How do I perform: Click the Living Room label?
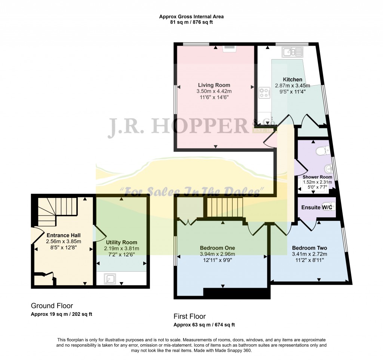(214, 85)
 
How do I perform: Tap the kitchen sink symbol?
(292, 52)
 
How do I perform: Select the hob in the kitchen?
(264, 93)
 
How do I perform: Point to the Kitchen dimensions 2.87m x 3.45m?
(292, 86)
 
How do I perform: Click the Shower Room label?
(317, 177)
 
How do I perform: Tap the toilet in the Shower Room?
(323, 150)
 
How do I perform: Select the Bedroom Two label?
(309, 248)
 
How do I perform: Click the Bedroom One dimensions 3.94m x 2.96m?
(217, 254)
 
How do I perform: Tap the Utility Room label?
(122, 242)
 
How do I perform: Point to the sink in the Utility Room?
(110, 279)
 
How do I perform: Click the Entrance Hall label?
(64, 235)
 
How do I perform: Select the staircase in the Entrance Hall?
(58, 212)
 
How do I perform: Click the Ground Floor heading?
(52, 306)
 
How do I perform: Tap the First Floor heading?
(190, 317)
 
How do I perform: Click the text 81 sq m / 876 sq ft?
(191, 22)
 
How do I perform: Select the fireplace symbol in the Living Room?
(229, 49)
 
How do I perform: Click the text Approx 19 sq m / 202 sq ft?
(61, 314)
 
